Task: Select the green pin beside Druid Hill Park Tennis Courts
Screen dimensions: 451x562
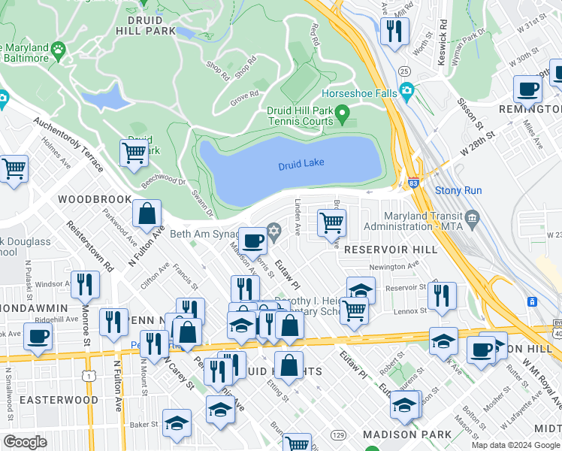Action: [x=343, y=115]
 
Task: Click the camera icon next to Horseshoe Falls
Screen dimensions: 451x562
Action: [x=407, y=93]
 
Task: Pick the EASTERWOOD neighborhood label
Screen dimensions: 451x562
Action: [x=59, y=400]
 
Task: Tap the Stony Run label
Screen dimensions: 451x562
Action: [x=458, y=191]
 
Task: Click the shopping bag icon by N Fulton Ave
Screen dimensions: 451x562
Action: [x=147, y=213]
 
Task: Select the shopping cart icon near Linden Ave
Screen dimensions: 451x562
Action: [x=331, y=222]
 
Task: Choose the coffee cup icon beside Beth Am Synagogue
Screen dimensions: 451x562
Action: [x=253, y=241]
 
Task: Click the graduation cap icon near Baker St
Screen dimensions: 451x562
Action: [x=177, y=424]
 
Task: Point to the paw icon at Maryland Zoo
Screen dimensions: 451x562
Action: [x=58, y=49]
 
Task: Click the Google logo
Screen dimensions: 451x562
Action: [x=25, y=442]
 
